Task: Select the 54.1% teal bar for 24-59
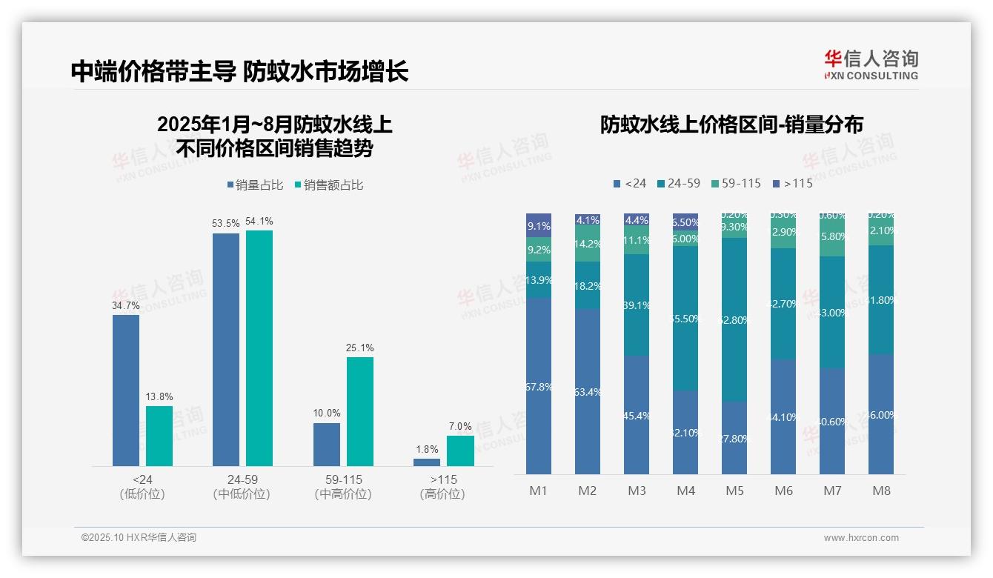[x=259, y=348]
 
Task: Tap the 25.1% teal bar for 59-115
[x=360, y=411]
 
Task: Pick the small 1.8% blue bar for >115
[x=427, y=462]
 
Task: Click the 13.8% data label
[x=159, y=397]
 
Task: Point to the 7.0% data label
[x=460, y=427]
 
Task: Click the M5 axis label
[x=734, y=491]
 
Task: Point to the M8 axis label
[x=881, y=491]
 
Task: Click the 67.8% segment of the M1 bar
[x=539, y=386]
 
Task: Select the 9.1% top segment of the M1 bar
[x=539, y=225]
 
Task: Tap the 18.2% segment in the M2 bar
[x=588, y=285]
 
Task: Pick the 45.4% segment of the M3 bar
[x=637, y=415]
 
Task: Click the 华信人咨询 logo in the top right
[x=871, y=64]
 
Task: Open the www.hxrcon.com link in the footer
[x=861, y=538]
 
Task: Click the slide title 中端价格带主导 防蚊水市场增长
[x=239, y=71]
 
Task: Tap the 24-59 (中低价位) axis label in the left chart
[x=242, y=487]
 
